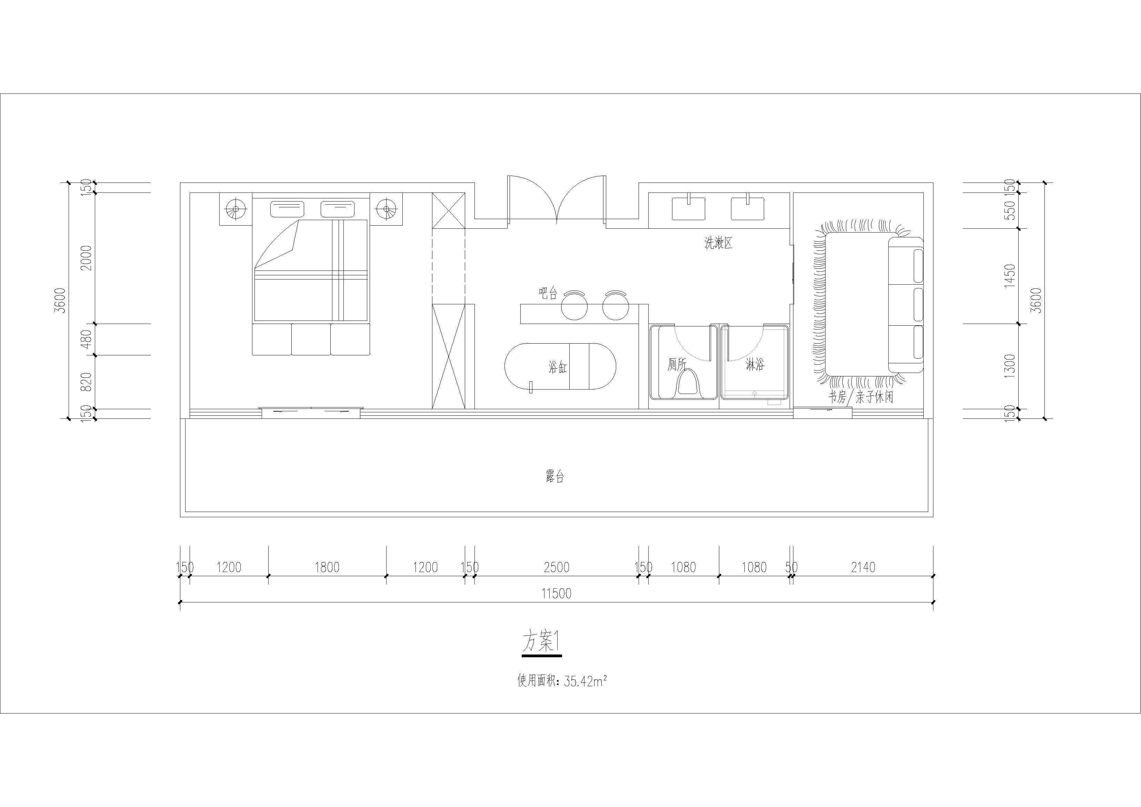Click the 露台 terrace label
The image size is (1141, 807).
click(x=554, y=477)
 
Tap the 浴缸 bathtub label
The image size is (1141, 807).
click(x=558, y=367)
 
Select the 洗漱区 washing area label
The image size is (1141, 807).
click(x=719, y=243)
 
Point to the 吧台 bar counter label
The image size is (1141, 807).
click(x=548, y=293)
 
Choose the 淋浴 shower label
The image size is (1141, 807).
click(x=755, y=365)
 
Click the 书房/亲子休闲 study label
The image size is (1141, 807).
click(x=860, y=397)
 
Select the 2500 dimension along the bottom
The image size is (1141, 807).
click(x=557, y=567)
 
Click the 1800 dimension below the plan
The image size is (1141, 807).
click(x=327, y=567)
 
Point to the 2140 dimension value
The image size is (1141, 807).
click(x=863, y=567)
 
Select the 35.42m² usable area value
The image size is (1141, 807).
click(x=586, y=681)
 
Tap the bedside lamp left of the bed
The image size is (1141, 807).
click(x=236, y=209)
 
